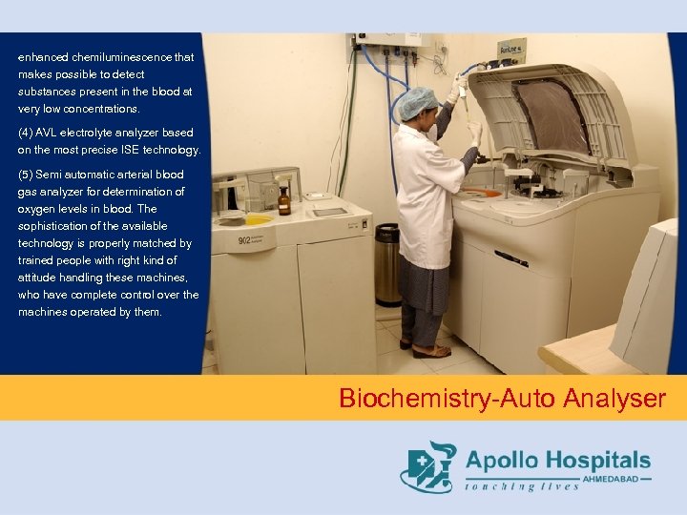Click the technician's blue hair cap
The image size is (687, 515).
pyautogui.click(x=418, y=102)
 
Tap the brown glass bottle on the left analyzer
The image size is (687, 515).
pyautogui.click(x=284, y=200)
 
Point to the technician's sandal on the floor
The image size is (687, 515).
pyautogui.click(x=430, y=351)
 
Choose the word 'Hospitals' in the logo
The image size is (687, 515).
pyautogui.click(x=600, y=461)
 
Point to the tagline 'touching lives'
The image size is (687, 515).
pyautogui.click(x=522, y=486)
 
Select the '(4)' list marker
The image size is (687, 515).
pyautogui.click(x=26, y=133)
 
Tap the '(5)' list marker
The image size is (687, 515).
pyautogui.click(x=26, y=175)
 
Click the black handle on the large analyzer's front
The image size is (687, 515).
pyautogui.click(x=511, y=258)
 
